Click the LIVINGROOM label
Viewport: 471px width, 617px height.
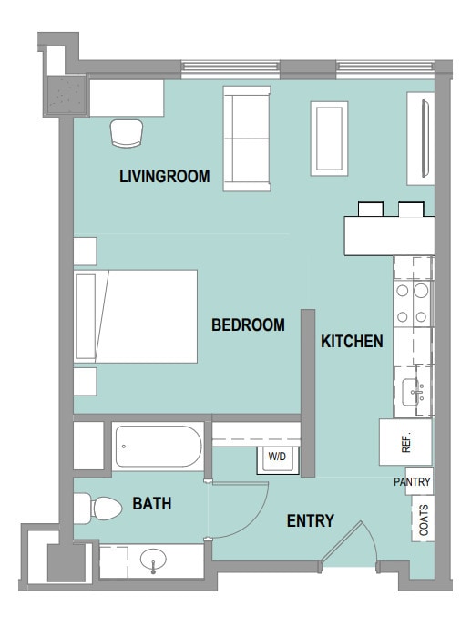pyautogui.click(x=165, y=176)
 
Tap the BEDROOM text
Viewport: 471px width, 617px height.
pyautogui.click(x=248, y=325)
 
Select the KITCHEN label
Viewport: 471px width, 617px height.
pyautogui.click(x=352, y=341)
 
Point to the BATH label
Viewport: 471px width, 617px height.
pyautogui.click(x=152, y=504)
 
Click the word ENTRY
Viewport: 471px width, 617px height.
pyautogui.click(x=310, y=521)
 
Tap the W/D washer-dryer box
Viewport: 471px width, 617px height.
pyautogui.click(x=277, y=459)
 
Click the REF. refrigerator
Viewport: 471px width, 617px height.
pyautogui.click(x=405, y=442)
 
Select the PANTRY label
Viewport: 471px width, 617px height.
pyautogui.click(x=412, y=481)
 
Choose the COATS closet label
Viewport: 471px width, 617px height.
pyautogui.click(x=424, y=519)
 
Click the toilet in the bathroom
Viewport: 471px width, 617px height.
pyautogui.click(x=97, y=508)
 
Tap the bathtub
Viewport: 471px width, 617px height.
pyautogui.click(x=159, y=447)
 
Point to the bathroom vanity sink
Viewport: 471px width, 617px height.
pyautogui.click(x=153, y=560)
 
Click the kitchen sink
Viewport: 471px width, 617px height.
pyautogui.click(x=411, y=392)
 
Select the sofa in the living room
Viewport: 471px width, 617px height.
pyautogui.click(x=247, y=139)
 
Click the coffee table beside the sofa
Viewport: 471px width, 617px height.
pyautogui.click(x=330, y=139)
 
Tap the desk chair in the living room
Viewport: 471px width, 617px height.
pyautogui.click(x=127, y=133)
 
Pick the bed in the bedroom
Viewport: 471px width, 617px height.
pyautogui.click(x=136, y=316)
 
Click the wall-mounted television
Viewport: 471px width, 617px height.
pyautogui.click(x=425, y=139)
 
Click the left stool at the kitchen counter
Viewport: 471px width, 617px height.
pyautogui.click(x=371, y=209)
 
